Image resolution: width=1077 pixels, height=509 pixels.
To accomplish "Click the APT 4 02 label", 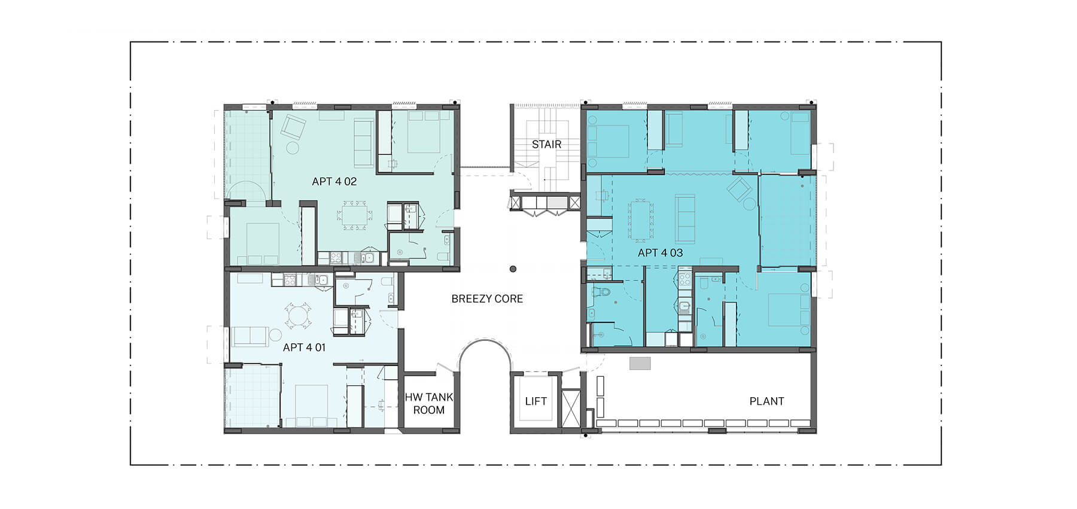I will click(x=334, y=181).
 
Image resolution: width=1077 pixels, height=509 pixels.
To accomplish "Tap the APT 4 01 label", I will click(x=304, y=347).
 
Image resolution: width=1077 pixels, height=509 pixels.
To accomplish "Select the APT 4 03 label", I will click(x=660, y=252).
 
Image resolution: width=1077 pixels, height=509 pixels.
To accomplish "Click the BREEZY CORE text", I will click(x=487, y=298).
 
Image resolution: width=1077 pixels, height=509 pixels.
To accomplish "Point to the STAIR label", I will click(x=546, y=144).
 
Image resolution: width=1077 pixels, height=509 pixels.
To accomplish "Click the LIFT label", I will click(x=536, y=401).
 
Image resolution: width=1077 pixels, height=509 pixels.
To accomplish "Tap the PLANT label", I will click(x=766, y=401).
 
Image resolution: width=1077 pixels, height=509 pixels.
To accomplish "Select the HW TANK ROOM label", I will click(x=429, y=403).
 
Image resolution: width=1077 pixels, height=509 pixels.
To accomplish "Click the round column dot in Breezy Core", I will click(x=513, y=270).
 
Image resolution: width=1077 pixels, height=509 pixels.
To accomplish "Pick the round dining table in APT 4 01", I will click(x=297, y=316).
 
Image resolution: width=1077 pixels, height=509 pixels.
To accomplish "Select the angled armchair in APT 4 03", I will click(x=740, y=190).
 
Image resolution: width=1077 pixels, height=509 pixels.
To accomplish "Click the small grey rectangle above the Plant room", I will click(x=640, y=363).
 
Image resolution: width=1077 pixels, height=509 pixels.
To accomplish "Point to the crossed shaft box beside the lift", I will click(x=571, y=409).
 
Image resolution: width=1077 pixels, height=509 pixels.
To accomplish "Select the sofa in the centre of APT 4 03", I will click(x=685, y=218).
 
